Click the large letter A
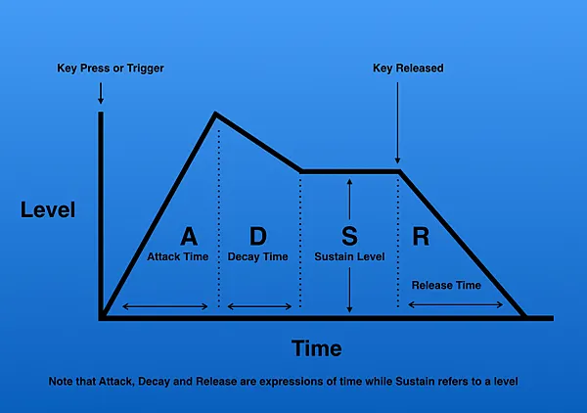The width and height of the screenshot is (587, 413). [189, 236]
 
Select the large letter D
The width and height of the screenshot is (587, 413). [258, 236]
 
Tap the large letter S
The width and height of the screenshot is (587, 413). [349, 236]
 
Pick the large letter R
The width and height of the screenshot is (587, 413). [421, 236]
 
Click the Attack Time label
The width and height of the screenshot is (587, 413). [178, 256]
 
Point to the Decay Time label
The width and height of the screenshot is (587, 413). [258, 256]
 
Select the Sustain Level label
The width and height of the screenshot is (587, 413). [349, 256]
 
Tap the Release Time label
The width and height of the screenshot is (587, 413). [446, 286]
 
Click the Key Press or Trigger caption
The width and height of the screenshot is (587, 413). [111, 69]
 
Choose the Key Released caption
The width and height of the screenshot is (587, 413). [408, 69]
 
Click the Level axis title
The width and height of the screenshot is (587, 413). [48, 209]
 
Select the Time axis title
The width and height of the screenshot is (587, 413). [317, 348]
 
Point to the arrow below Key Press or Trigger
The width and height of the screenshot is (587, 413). [101, 93]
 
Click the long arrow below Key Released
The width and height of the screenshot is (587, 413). [397, 122]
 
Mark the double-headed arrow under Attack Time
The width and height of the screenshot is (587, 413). [165, 306]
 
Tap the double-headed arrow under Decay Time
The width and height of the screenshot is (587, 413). [259, 306]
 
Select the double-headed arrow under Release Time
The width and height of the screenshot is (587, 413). [456, 304]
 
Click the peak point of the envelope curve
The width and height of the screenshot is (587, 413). [215, 114]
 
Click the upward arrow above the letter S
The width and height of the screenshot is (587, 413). [349, 200]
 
